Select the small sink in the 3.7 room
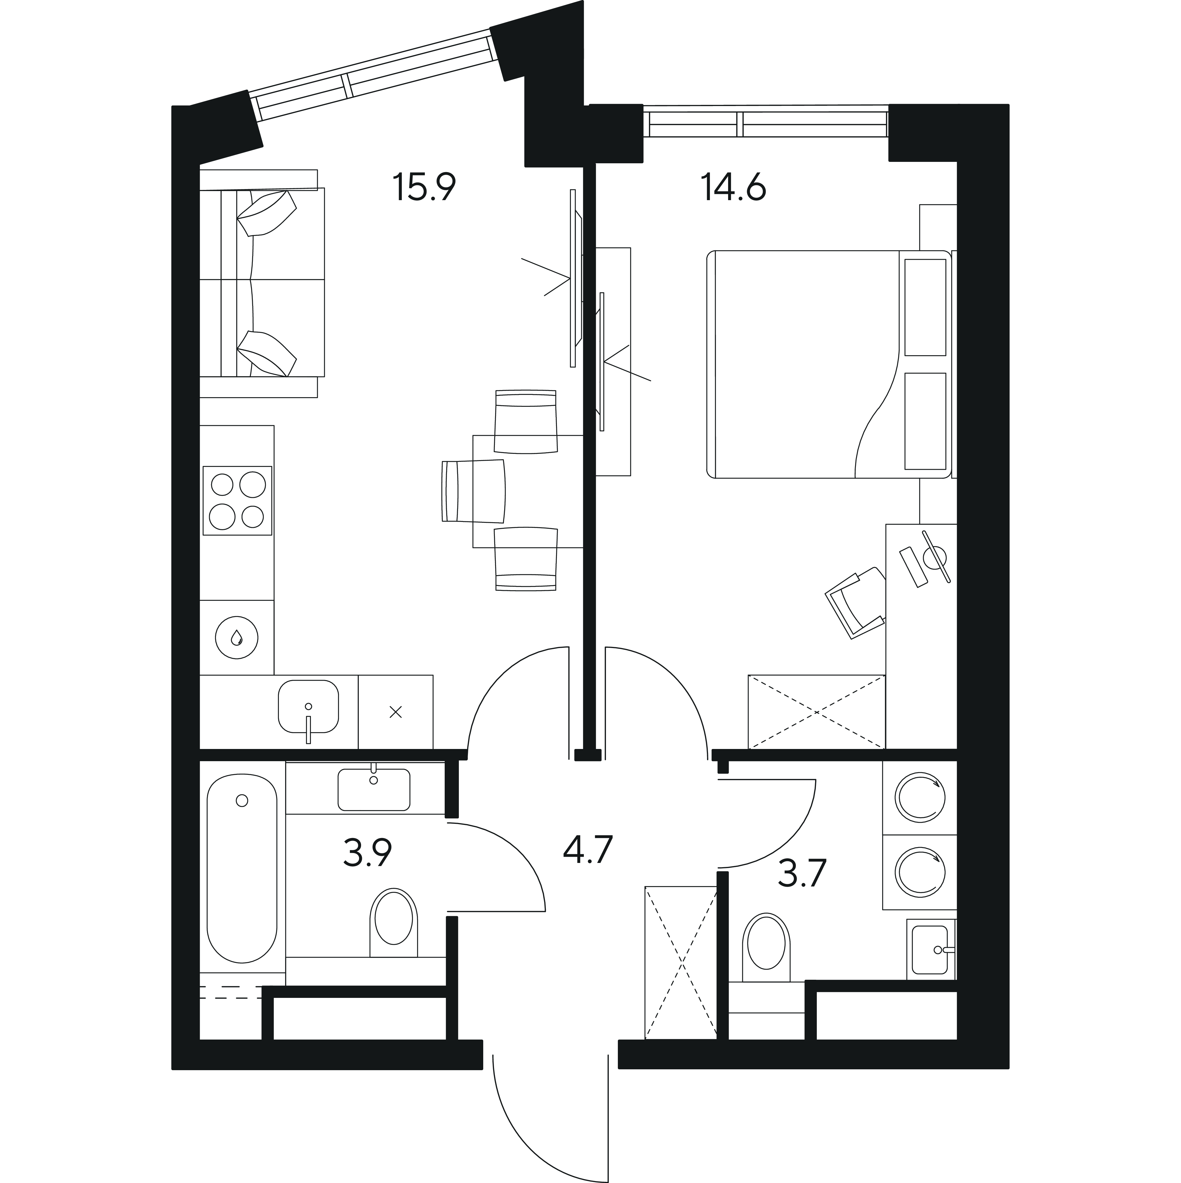[930, 950]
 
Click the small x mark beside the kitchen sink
[395, 712]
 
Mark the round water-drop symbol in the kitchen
[237, 637]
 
